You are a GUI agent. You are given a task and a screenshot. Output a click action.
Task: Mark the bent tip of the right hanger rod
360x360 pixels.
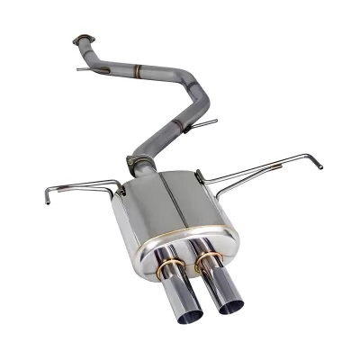[317, 163]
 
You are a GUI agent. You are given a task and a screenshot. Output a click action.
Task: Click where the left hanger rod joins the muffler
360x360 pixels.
[117, 188]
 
